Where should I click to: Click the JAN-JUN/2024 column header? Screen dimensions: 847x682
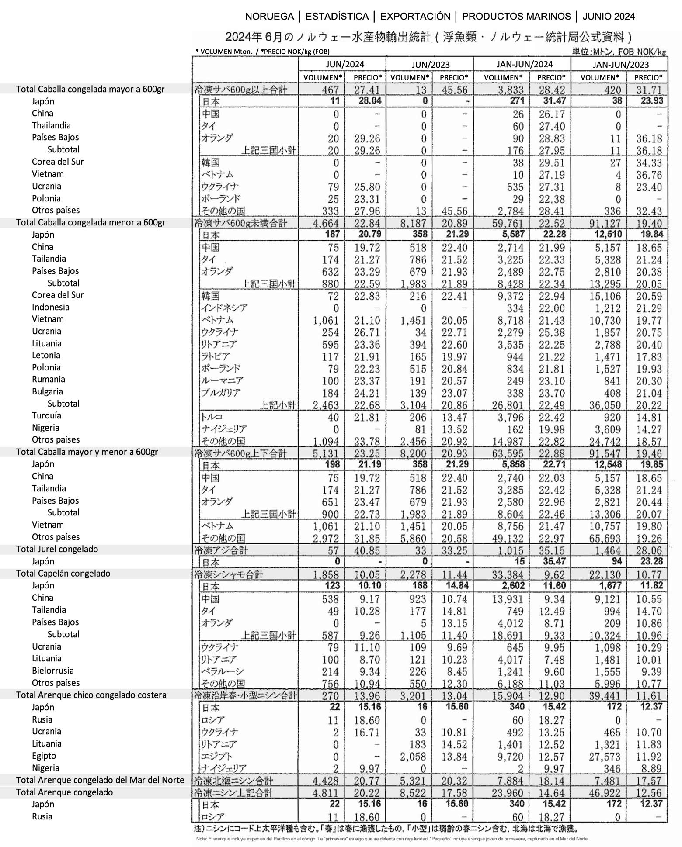[524, 64]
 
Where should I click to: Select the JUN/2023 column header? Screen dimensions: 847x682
[430, 64]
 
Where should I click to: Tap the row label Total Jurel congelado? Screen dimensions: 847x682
[57, 549]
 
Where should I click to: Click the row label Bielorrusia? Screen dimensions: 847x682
[52, 671]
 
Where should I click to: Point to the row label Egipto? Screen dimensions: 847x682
[44, 756]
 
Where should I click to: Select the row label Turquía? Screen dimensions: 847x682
[46, 415]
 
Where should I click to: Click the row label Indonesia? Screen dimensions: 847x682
[50, 307]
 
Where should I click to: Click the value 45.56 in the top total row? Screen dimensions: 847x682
[453, 90]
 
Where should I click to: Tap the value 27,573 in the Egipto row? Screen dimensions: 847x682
[604, 757]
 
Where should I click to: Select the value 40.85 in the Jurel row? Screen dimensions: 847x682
[367, 550]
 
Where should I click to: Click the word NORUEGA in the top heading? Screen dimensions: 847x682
[269, 17]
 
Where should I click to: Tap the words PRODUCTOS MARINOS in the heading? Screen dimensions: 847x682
[516, 17]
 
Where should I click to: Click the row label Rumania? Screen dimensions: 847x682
[48, 379]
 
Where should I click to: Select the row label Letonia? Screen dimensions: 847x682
[46, 355]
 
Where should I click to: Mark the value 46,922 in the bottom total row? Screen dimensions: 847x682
[604, 793]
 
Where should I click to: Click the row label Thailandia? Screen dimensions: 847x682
[51, 125]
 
